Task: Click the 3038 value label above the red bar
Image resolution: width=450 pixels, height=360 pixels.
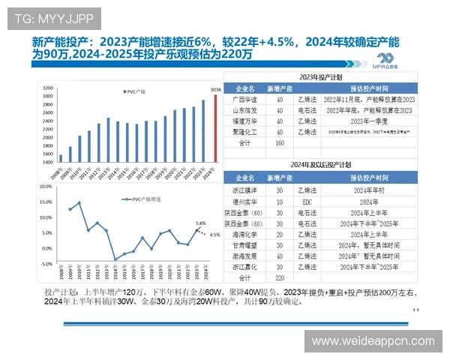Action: pyautogui.click(x=214, y=91)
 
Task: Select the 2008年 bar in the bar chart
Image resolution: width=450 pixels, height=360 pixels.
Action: pyautogui.click(x=61, y=158)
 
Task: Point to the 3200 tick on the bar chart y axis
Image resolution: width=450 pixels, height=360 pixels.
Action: pyautogui.click(x=48, y=87)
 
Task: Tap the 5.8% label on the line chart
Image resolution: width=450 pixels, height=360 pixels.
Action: pyautogui.click(x=200, y=223)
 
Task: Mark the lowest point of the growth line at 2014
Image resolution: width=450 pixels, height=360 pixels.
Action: pyautogui.click(x=115, y=259)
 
